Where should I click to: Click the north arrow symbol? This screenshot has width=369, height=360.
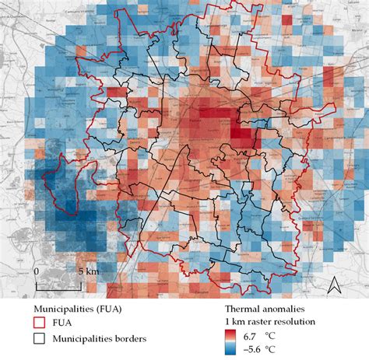pyautogui.click(x=333, y=285)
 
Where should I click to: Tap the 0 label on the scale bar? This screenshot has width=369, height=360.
pyautogui.click(x=37, y=271)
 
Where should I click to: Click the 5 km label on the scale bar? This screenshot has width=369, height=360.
pyautogui.click(x=88, y=271)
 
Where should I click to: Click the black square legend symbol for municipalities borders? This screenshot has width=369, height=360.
pyautogui.click(x=37, y=339)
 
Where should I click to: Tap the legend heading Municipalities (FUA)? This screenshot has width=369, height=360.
pyautogui.click(x=77, y=308)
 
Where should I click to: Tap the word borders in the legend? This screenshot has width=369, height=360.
pyautogui.click(x=128, y=339)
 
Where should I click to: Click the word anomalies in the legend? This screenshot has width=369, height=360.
pyautogui.click(x=279, y=308)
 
